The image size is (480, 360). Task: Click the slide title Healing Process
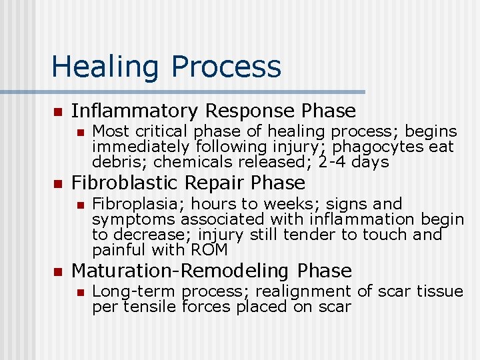(x=166, y=67)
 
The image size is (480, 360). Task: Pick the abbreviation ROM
(x=209, y=250)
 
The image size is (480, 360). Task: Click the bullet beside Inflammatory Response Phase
(x=57, y=111)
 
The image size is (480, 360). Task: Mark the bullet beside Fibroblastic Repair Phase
(x=57, y=183)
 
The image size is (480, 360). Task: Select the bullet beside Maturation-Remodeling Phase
(x=57, y=271)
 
